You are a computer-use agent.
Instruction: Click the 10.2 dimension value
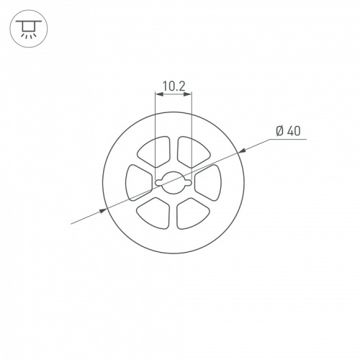[174, 86]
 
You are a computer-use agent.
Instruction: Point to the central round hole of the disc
[174, 183]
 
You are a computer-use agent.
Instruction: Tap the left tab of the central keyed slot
[159, 183]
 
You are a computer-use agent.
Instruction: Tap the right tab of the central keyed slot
[188, 183]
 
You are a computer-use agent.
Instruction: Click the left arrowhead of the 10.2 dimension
[159, 94]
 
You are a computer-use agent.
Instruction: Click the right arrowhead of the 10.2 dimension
[187, 94]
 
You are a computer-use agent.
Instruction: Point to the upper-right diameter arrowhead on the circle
[240, 152]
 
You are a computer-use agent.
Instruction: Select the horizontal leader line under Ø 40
[288, 140]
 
